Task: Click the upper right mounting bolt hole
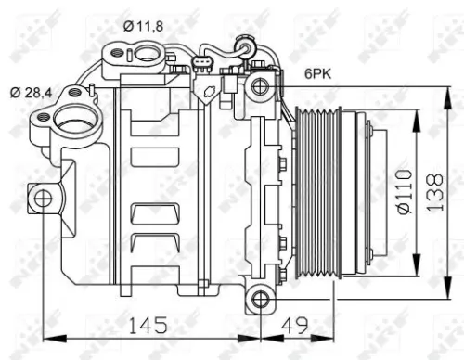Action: tap(260, 86)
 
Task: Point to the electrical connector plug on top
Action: tap(202, 65)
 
